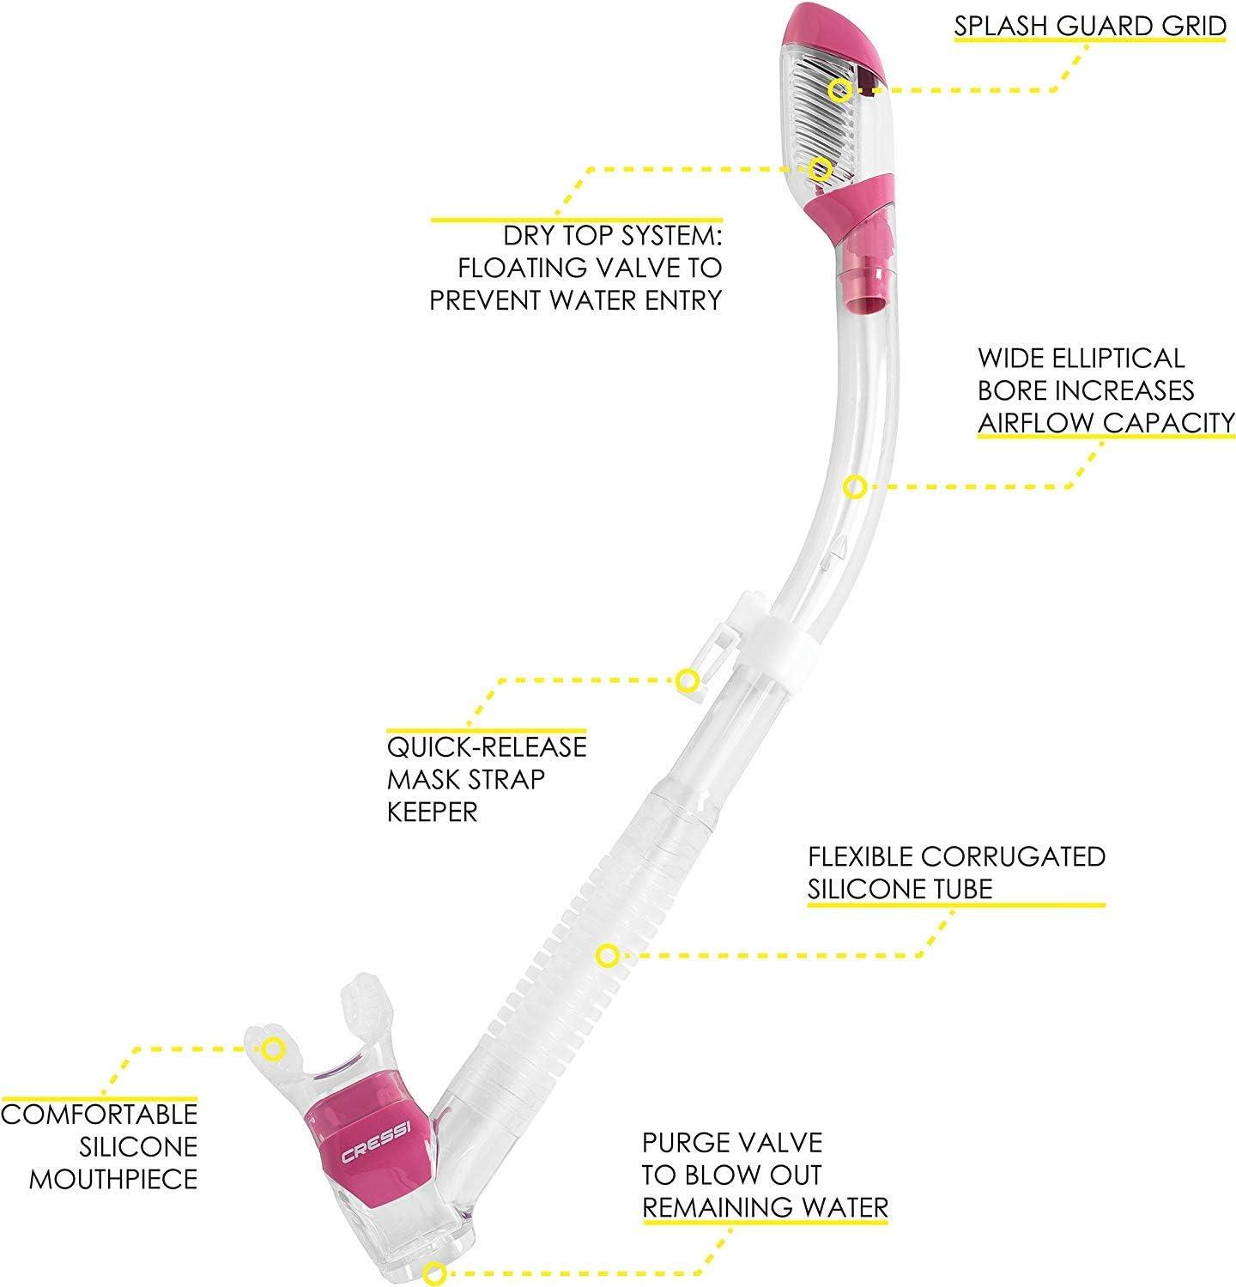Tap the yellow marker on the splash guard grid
(x=840, y=89)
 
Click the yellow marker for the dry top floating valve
(x=821, y=167)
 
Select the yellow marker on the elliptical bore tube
(x=854, y=487)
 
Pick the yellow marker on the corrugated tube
(x=607, y=955)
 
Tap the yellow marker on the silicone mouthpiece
(x=273, y=1048)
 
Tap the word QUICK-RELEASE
(x=487, y=746)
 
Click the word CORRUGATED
(x=1015, y=856)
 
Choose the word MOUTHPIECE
(x=114, y=1179)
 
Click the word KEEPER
(x=433, y=812)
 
